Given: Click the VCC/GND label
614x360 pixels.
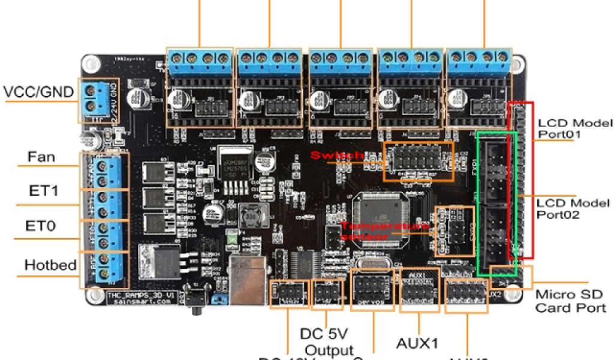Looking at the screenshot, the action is click(x=39, y=92).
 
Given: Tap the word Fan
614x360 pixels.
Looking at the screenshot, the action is click(x=41, y=158).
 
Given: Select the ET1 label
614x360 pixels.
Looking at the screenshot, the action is click(x=43, y=191).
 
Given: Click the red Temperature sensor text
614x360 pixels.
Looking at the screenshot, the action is click(x=385, y=231).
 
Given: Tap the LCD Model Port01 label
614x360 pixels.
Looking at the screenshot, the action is click(x=575, y=128).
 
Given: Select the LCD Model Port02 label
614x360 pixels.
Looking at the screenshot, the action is click(x=574, y=208).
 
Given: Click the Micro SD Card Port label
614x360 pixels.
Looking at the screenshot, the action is click(x=570, y=301).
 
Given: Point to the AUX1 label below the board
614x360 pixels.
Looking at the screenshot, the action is click(x=417, y=343).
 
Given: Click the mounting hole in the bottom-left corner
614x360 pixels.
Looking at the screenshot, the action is click(x=92, y=295).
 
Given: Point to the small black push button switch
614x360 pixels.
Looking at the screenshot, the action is click(x=195, y=296).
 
